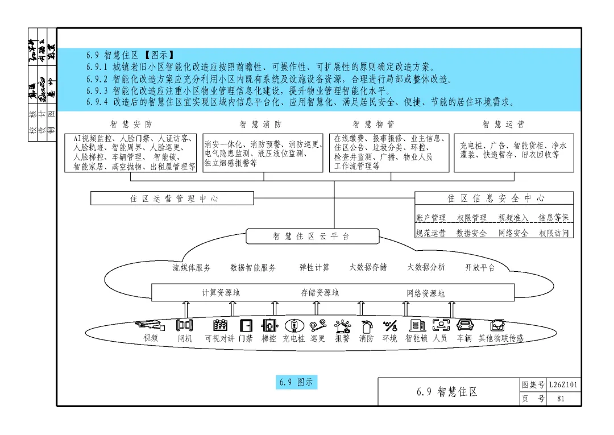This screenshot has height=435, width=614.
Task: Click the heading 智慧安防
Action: pyautogui.click(x=131, y=124)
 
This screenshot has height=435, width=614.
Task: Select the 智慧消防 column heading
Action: pyautogui.click(x=260, y=124)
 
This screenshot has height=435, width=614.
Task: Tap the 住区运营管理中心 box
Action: pyautogui.click(x=172, y=198)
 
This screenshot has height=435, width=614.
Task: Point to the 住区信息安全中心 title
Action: pyautogui.click(x=495, y=198)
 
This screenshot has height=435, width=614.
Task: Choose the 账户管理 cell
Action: pyautogui.click(x=431, y=218)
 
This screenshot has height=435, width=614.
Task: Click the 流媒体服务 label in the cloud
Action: pyautogui.click(x=192, y=267)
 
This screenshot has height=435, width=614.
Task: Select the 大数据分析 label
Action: pyautogui.click(x=426, y=267)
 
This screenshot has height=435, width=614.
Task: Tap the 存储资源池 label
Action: pyautogui.click(x=320, y=293)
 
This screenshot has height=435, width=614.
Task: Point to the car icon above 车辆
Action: pyautogui.click(x=465, y=325)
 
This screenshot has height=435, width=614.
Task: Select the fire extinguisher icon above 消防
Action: pyautogui.click(x=366, y=326)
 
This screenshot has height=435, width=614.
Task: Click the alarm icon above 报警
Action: pyautogui.click(x=342, y=326)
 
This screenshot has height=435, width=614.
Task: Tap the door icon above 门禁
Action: pyautogui.click(x=246, y=326)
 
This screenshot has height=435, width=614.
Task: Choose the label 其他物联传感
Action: pyautogui.click(x=501, y=338)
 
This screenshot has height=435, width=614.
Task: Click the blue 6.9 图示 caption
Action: pyautogui.click(x=296, y=382)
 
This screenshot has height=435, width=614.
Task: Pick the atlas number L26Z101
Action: pyautogui.click(x=563, y=385)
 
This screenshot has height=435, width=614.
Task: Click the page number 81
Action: pyautogui.click(x=561, y=399)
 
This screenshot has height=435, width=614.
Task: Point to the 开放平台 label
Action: pyautogui.click(x=480, y=267)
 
